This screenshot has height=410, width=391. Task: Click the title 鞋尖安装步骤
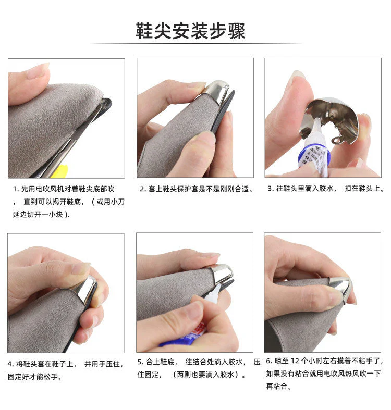[190, 31]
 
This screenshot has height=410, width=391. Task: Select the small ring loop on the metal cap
[337, 141]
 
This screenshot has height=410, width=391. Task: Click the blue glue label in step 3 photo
[314, 157]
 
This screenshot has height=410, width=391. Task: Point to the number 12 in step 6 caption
[295, 361]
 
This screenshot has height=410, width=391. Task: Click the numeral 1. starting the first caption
[16, 189]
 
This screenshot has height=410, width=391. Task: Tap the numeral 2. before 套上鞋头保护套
[143, 189]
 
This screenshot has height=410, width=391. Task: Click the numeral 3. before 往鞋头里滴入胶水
[271, 188]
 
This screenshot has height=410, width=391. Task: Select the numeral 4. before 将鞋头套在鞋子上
[11, 364]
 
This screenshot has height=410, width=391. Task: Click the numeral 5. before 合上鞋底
[141, 362]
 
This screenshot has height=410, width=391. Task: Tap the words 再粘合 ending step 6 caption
[277, 386]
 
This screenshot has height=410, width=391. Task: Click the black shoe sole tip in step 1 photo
[107, 104]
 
